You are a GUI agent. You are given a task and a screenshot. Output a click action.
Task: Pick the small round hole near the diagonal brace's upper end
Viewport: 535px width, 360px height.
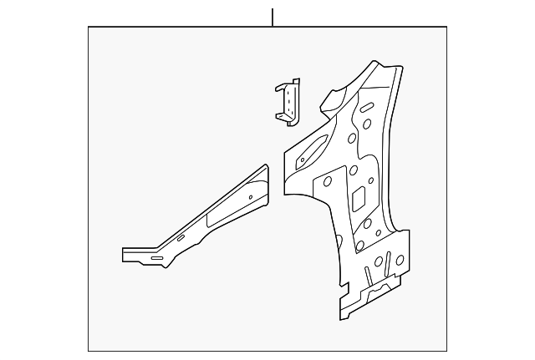(250, 198)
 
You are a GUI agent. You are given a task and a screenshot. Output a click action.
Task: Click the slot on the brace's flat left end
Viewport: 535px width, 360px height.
(155, 258)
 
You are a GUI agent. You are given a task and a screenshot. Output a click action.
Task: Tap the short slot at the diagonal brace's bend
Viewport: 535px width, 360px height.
(181, 239)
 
